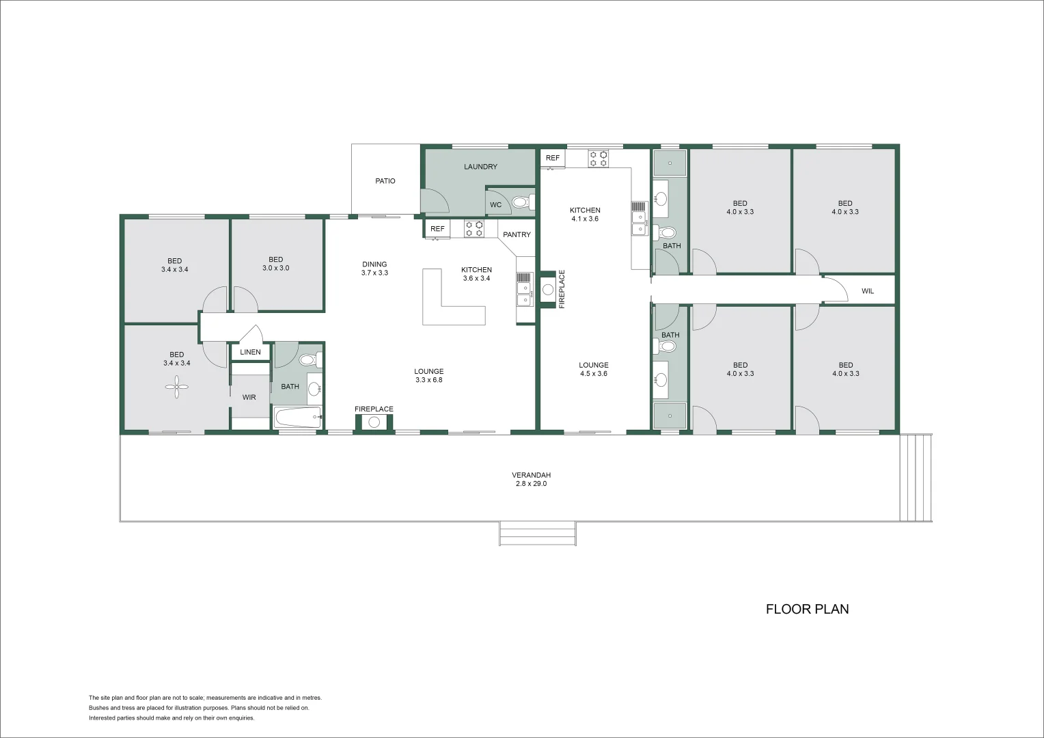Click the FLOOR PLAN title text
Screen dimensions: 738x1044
807,609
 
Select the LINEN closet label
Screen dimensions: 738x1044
250,352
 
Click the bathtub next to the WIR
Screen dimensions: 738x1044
297,417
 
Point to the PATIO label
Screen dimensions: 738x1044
385,181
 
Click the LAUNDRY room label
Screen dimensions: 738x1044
480,167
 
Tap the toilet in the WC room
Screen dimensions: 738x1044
521,202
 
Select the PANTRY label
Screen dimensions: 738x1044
517,234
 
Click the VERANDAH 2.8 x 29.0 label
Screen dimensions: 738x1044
531,479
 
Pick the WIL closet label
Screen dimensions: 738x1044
867,291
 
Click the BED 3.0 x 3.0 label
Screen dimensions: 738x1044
275,264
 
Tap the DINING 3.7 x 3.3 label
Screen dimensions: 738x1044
374,269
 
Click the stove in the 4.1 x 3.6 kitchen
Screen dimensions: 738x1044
599,159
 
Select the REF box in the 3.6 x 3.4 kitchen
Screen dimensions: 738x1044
437,229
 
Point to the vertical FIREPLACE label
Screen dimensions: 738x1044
562,289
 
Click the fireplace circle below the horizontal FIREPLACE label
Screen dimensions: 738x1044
374,422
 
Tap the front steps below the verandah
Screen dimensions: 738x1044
537,533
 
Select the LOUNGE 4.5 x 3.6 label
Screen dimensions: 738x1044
593,369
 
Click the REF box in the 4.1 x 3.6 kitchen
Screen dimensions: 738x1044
552,158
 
